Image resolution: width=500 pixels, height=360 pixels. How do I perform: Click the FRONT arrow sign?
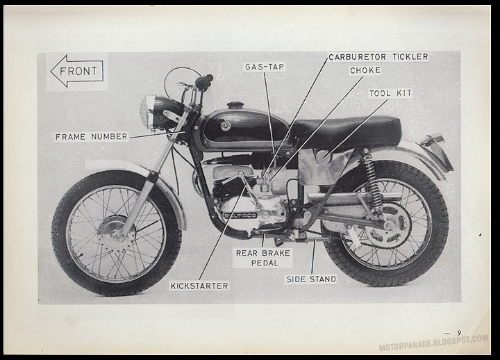(76, 71)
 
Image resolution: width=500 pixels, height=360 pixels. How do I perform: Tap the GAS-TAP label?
(265, 67)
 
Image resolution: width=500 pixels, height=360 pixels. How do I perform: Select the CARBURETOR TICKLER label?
(378, 57)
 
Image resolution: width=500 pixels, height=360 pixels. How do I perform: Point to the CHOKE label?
(365, 71)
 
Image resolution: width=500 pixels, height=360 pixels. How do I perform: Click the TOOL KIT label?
(390, 93)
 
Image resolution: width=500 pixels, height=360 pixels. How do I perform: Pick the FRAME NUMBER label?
(92, 137)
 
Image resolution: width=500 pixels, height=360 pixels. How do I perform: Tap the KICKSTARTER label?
(199, 285)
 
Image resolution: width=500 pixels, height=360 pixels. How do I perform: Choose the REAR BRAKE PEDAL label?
(262, 258)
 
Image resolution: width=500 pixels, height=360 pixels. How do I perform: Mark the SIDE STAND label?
(311, 279)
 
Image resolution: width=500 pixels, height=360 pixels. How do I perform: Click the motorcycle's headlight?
(148, 112)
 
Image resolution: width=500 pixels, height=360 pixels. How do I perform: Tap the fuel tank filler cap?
(235, 106)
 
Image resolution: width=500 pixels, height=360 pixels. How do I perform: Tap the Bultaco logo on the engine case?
(240, 215)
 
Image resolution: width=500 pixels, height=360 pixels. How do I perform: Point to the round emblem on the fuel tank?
(225, 126)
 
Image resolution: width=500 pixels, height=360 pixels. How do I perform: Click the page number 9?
(459, 333)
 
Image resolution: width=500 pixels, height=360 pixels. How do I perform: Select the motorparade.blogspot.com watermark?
(433, 343)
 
